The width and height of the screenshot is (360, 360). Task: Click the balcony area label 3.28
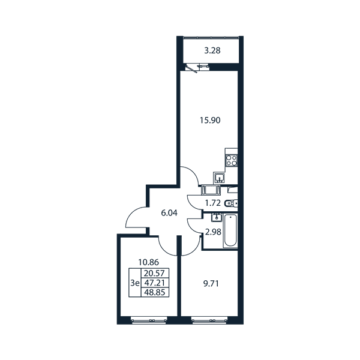point(212,50)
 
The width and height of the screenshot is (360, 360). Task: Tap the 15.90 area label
point(210,120)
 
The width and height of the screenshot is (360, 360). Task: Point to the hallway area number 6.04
point(169,213)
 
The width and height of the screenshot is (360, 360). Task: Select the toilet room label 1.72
point(213,203)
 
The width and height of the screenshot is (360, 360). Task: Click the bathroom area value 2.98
point(213,232)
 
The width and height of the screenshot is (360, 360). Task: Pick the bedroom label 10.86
point(149,262)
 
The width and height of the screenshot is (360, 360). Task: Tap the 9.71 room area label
point(211,284)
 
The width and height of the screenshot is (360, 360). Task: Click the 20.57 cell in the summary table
point(154,273)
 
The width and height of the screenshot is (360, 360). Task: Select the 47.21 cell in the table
point(154,283)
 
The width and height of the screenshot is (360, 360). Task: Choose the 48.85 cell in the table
point(154,292)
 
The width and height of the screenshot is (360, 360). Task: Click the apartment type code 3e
point(135,283)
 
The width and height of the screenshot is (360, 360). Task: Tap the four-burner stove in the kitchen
point(231,160)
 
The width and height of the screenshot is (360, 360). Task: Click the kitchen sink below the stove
point(220,178)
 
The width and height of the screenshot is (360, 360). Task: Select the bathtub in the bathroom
point(230,230)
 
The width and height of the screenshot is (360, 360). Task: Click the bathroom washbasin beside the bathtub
point(217,217)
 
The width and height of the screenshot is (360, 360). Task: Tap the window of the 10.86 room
point(149,320)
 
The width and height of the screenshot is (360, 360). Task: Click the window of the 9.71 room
point(209,320)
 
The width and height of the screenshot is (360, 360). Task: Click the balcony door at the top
point(191,69)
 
